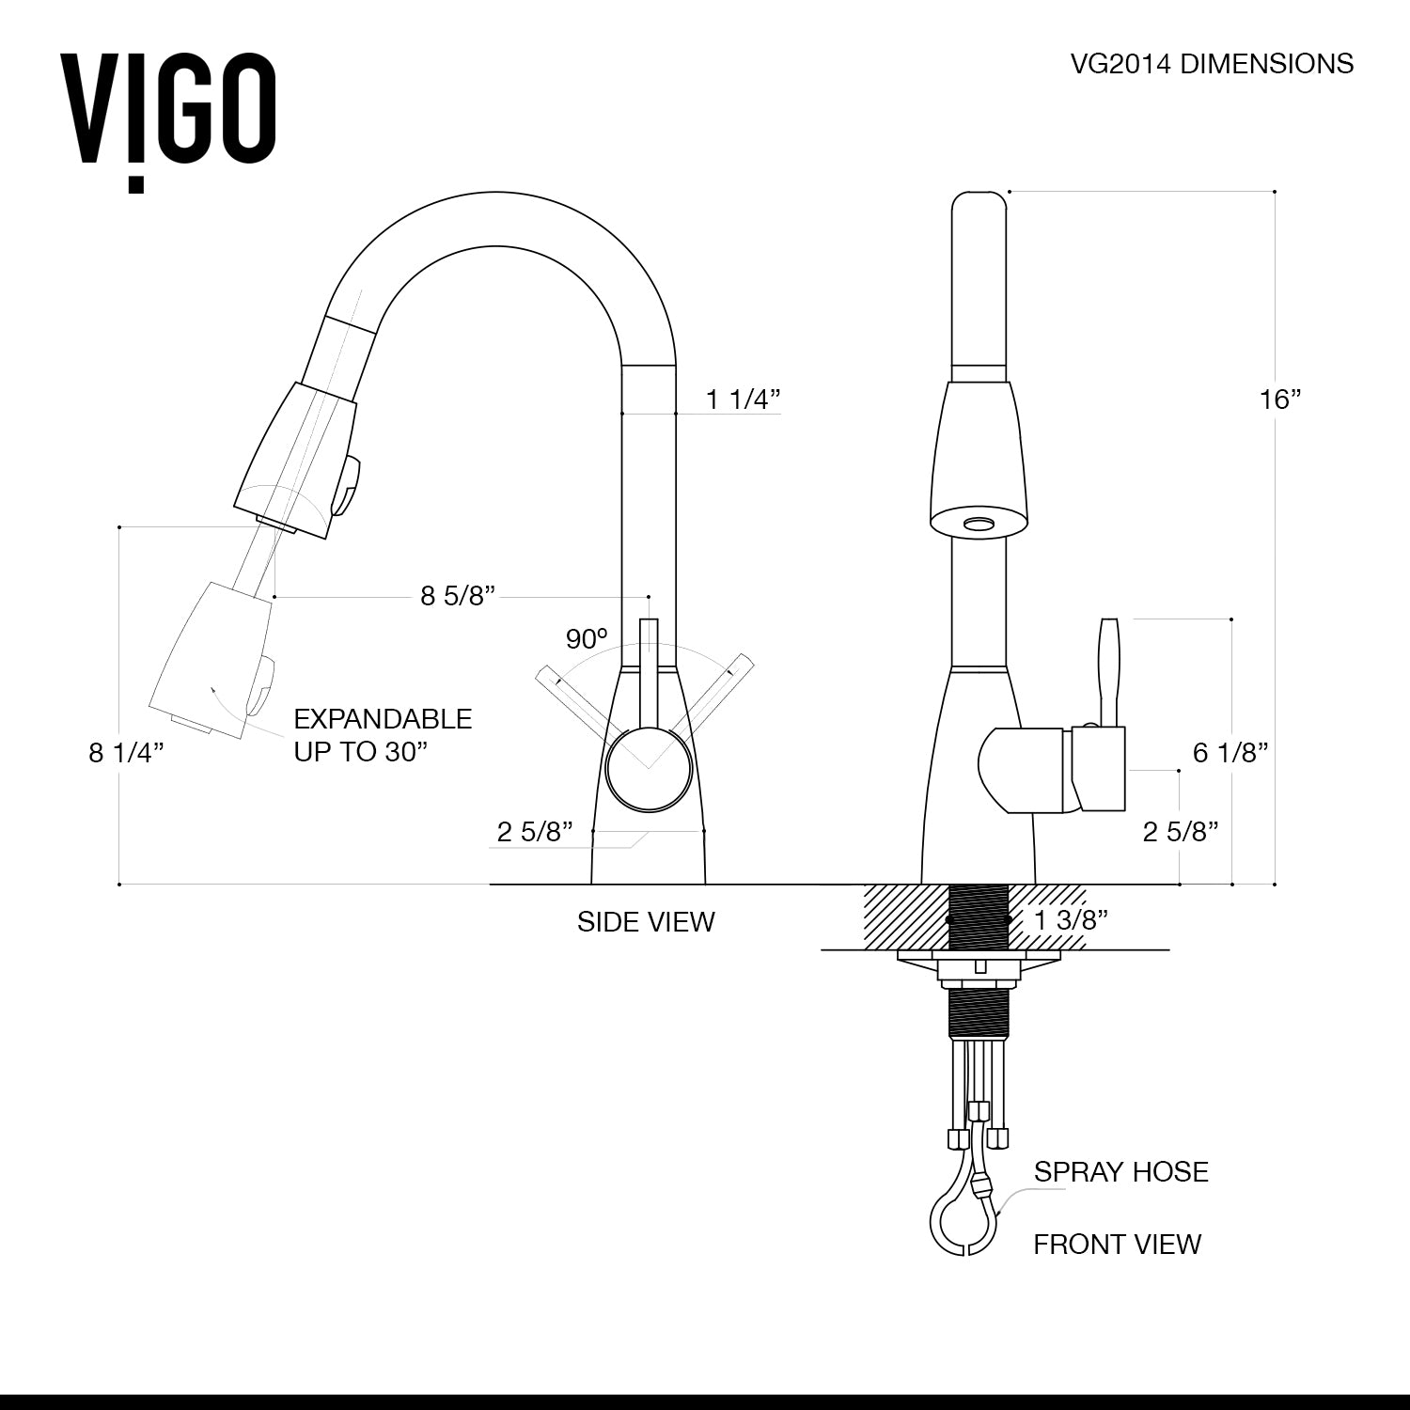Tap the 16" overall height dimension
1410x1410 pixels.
coord(1279,399)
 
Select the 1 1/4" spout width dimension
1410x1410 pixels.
coord(744,399)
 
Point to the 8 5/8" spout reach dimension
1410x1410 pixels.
coord(458,596)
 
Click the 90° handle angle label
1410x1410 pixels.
coord(587,639)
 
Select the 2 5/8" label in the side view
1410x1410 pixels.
coord(535,832)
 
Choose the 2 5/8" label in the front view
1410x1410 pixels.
coord(1181,832)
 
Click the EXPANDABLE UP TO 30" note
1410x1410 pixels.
coord(383,735)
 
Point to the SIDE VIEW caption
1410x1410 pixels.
coord(646,922)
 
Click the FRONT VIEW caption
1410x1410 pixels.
coord(1117,1245)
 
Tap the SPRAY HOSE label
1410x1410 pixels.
coord(1120,1172)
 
